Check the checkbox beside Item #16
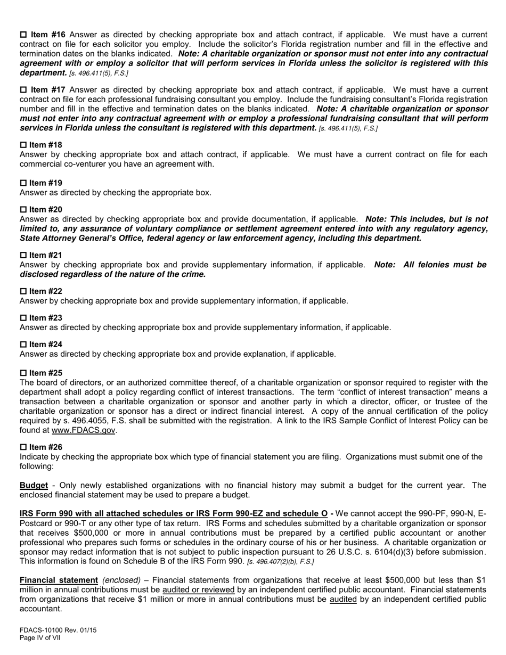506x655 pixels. [x=23, y=35]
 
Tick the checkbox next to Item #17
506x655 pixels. [x=23, y=90]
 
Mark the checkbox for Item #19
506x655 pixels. [x=23, y=183]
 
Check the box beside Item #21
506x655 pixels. [x=23, y=256]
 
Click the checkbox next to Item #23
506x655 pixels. [x=23, y=318]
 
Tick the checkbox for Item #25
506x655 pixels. [x=23, y=373]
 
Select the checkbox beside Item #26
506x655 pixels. [x=23, y=447]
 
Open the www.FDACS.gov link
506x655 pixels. [x=83, y=430]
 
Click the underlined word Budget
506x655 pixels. [x=34, y=485]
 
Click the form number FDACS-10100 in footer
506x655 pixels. [x=42, y=630]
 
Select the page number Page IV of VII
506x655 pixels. [x=40, y=637]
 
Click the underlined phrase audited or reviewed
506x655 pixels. [x=198, y=589]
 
